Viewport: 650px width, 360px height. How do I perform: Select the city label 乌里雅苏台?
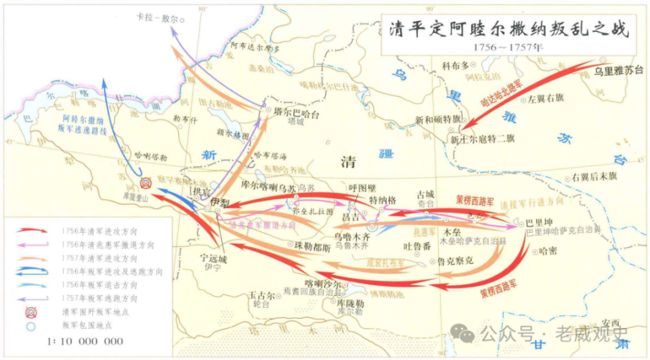[x=617, y=69]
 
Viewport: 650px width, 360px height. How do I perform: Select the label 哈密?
[x=547, y=252]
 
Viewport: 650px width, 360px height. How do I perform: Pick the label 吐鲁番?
[x=416, y=246]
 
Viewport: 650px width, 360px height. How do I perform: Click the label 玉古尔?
[x=261, y=296]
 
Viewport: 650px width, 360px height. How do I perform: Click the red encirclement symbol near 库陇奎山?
[x=145, y=183]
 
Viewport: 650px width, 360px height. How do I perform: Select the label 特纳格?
[x=383, y=200]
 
